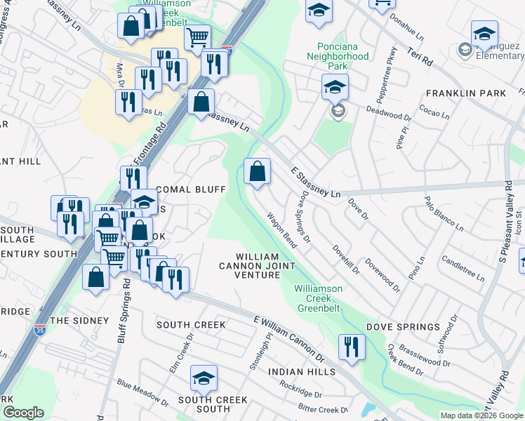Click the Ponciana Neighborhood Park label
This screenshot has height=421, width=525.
pyautogui.click(x=338, y=55)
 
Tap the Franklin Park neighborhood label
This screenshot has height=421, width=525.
pyautogui.click(x=465, y=93)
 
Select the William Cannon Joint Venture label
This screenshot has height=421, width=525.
pyautogui.click(x=265, y=266)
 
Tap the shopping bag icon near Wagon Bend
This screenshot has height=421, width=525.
pyautogui.click(x=258, y=171)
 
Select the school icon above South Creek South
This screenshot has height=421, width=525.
pyautogui.click(x=202, y=378)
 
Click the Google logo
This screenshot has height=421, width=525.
pyautogui.click(x=23, y=413)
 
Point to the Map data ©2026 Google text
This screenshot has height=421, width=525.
pyautogui.click(x=481, y=415)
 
